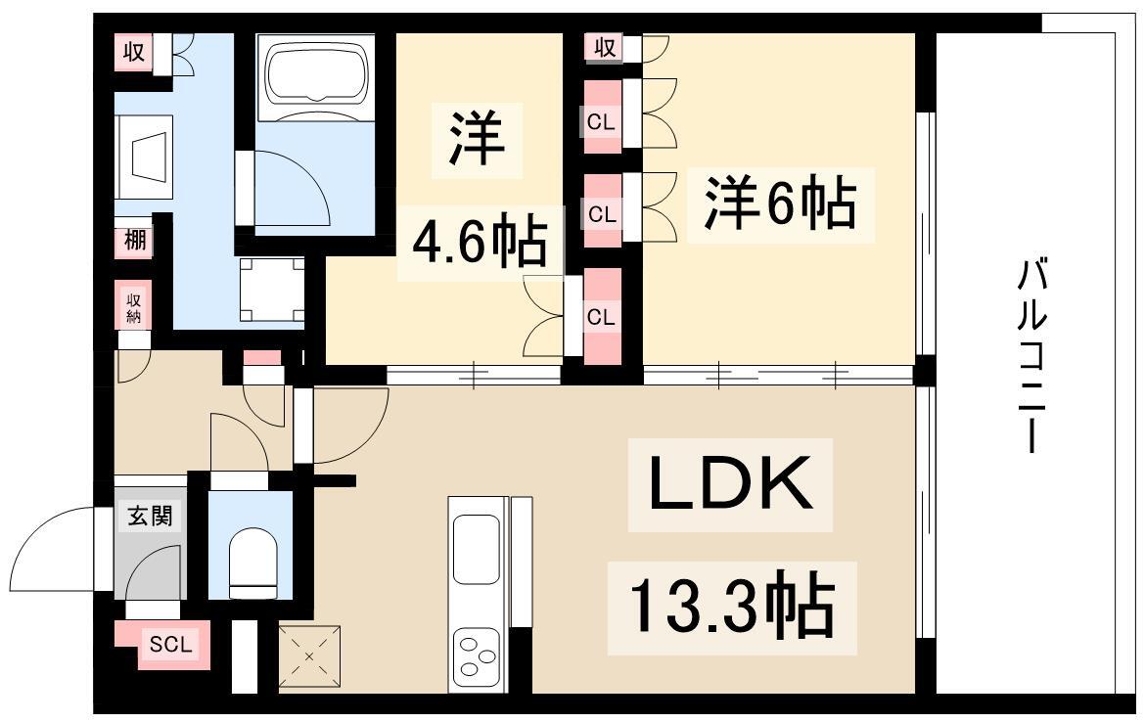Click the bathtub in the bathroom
(x=315, y=73)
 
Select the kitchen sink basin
(x=477, y=549)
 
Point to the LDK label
(x=731, y=484)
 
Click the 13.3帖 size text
(x=731, y=604)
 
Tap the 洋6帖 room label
(x=780, y=203)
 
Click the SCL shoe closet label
(x=171, y=644)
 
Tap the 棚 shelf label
(x=134, y=240)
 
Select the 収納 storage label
(x=134, y=307)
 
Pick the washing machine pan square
(x=272, y=290)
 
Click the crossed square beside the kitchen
(x=309, y=655)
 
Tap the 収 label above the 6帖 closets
(x=605, y=48)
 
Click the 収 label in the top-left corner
(x=134, y=52)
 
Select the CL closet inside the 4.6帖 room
(x=602, y=317)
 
